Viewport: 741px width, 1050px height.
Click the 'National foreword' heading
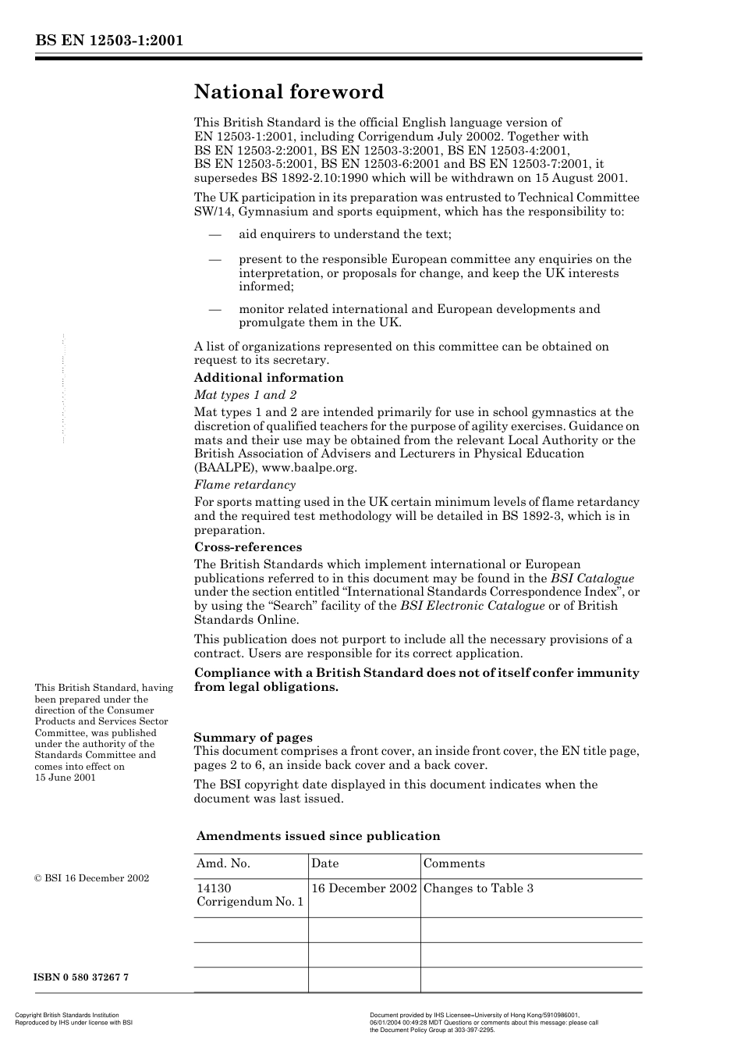pos(289,92)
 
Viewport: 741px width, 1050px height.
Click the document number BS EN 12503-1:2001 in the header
pos(108,41)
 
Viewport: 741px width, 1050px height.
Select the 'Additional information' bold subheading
pos(268,378)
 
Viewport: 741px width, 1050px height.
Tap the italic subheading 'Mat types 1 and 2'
pos(245,395)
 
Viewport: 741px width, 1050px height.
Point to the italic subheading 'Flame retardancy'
pos(245,485)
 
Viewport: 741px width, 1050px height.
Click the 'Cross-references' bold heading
pos(248,547)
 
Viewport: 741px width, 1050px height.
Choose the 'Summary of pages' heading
pos(253,738)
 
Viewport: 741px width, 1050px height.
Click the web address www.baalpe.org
pos(309,468)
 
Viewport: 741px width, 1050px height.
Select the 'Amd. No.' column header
pos(223,863)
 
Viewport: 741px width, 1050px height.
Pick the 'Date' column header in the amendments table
pos(325,863)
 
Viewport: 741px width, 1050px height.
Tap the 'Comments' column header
pos(454,863)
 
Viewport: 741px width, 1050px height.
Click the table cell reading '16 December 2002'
pos(363,888)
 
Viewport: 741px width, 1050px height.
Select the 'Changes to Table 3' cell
pos(478,888)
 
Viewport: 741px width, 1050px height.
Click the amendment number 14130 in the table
pos(214,888)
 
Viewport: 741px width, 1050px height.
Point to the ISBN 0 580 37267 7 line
pos(81,977)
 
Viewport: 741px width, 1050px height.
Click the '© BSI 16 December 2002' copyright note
pos(91,878)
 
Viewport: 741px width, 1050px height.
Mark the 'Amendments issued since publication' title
pos(318,836)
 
